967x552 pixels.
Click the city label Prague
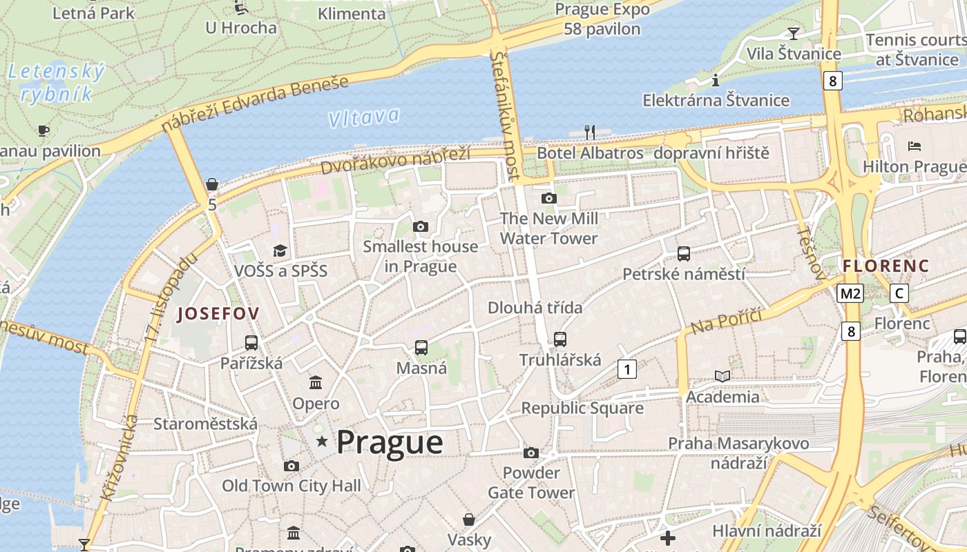(390, 442)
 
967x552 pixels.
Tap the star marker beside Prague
(322, 441)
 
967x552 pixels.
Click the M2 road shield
(850, 293)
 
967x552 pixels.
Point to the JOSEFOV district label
(218, 314)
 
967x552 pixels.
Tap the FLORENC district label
(885, 266)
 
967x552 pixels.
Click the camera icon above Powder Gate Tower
(530, 453)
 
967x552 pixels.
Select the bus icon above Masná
(421, 348)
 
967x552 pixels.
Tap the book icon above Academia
(722, 376)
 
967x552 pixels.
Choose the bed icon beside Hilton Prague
(915, 146)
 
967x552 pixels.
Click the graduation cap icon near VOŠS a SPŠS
(280, 250)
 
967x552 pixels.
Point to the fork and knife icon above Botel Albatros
(590, 132)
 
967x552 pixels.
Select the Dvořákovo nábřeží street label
(395, 161)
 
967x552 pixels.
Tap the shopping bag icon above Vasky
(469, 520)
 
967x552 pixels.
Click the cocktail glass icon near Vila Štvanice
(793, 33)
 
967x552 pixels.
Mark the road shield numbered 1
(626, 369)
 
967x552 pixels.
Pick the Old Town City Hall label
(291, 486)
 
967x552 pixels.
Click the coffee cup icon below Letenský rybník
(44, 130)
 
